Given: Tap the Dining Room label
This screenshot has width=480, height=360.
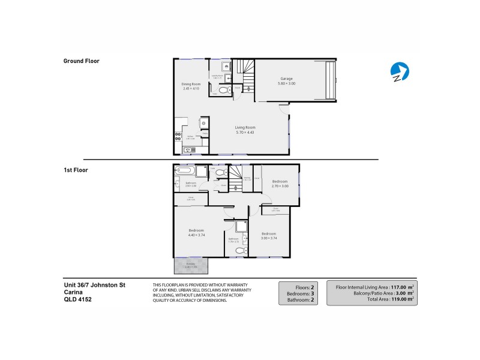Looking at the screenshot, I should (x=190, y=86).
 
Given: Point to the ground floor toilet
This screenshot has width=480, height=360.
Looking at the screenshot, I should (x=223, y=90).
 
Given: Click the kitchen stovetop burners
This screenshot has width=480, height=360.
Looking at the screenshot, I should (x=178, y=136).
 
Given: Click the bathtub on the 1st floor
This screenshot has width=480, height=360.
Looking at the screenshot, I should (x=185, y=170).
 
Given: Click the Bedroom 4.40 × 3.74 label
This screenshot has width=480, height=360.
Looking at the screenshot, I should (x=196, y=232).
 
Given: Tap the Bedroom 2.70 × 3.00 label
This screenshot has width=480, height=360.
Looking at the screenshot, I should (x=280, y=183).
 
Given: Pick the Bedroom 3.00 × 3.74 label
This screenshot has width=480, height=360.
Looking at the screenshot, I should (x=268, y=235).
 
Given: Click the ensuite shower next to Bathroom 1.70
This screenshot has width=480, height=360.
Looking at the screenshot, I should (x=242, y=226).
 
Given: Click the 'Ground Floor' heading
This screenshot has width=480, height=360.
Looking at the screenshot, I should (x=81, y=61).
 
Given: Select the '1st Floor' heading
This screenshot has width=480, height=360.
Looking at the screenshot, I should (x=76, y=170).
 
